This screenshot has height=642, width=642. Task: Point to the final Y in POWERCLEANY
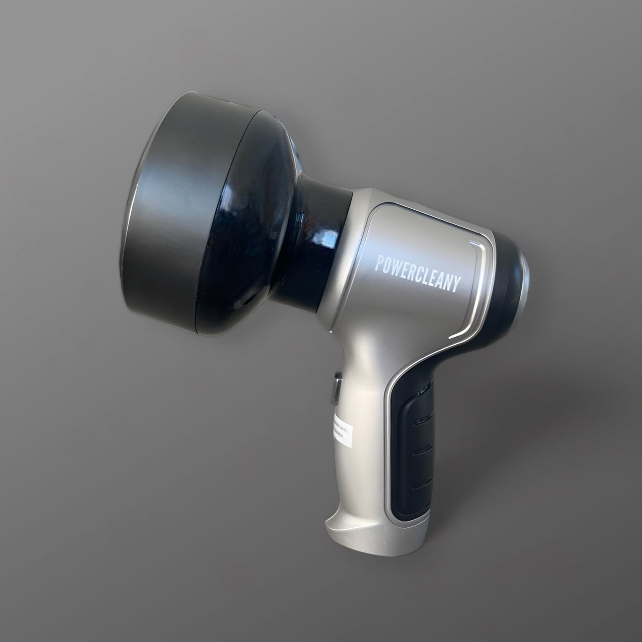click(454, 286)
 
